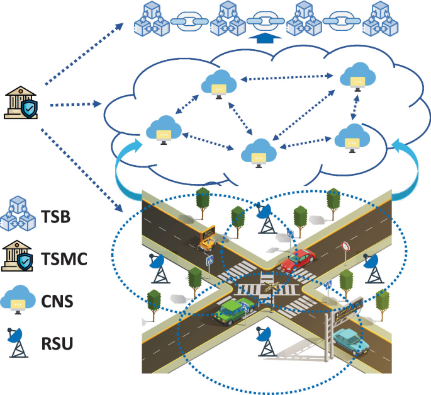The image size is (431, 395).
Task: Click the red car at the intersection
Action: click(298, 260)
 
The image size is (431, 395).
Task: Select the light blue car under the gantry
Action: click(351, 340)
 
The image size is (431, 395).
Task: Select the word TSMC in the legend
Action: click(65, 260)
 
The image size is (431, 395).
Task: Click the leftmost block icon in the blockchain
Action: click(151, 20)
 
